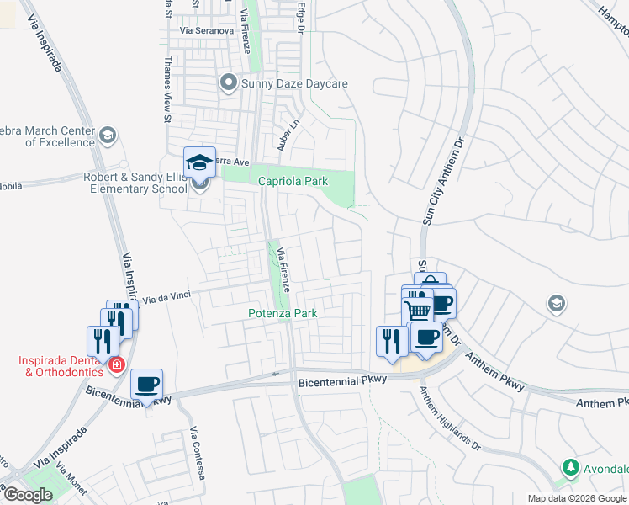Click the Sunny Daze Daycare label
coord(294,83)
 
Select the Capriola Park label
coord(292,181)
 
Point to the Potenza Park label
coord(283,313)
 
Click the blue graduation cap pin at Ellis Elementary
coord(199,162)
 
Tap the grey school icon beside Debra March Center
coord(108,136)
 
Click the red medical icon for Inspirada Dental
coord(116,365)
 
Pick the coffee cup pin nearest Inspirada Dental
coord(146,385)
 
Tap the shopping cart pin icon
coord(418,311)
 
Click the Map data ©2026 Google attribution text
coord(576,498)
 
